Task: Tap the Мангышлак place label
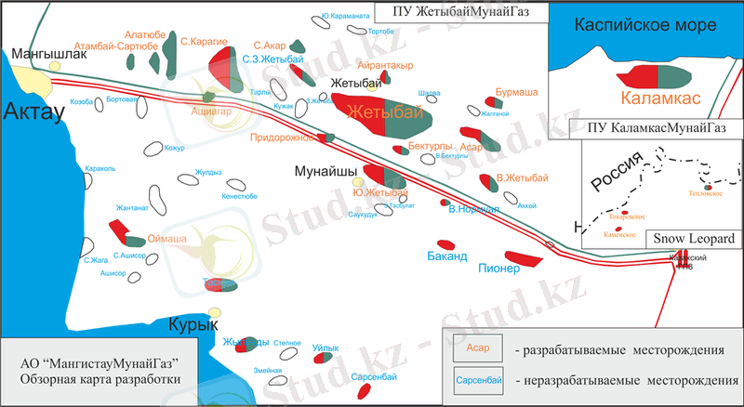[x=48, y=55]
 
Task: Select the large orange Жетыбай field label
[x=379, y=112]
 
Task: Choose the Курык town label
[x=193, y=324]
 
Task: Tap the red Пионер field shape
[x=525, y=257]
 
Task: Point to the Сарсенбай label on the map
[x=375, y=376]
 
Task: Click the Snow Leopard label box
[x=692, y=238]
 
